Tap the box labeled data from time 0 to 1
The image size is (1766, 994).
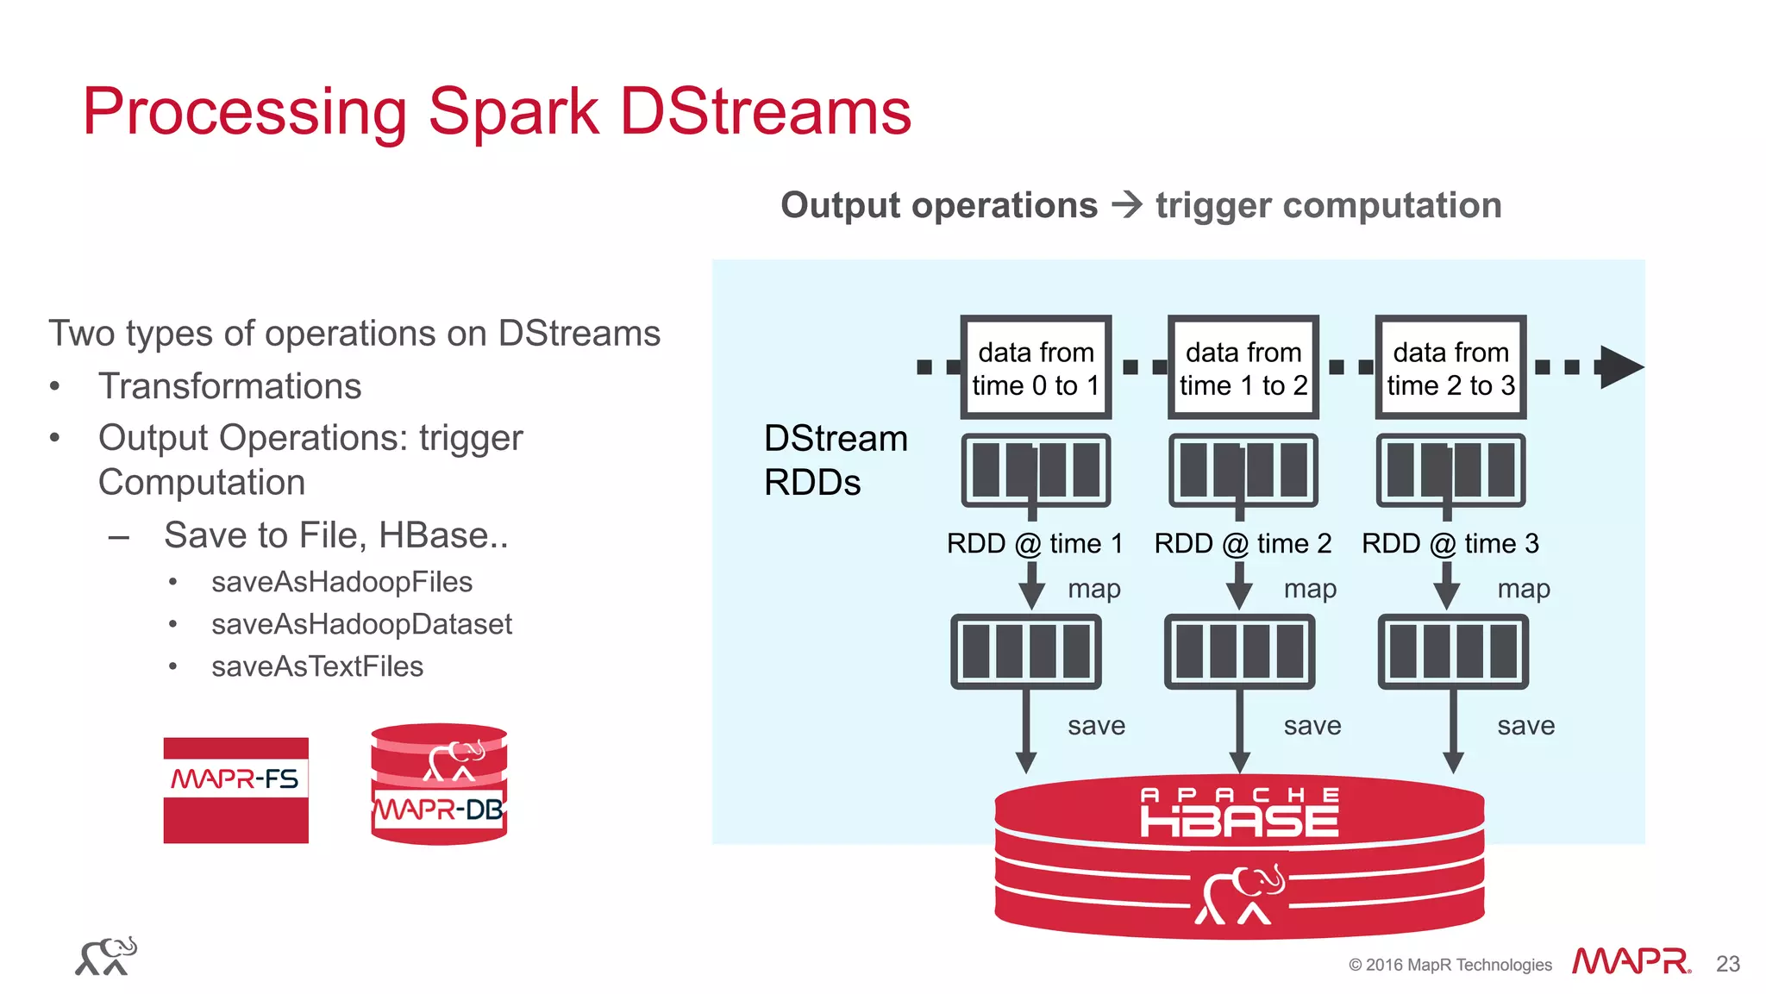click(x=1036, y=367)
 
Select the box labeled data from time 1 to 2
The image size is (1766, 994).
click(x=1243, y=367)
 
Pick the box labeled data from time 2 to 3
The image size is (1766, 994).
click(x=1450, y=367)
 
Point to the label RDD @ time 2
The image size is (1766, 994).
click(x=1243, y=543)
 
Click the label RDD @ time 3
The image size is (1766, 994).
click(x=1450, y=543)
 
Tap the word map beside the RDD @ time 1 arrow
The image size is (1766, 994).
click(x=1093, y=589)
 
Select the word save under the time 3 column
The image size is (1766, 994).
click(x=1525, y=726)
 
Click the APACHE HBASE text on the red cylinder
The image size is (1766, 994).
click(x=1239, y=812)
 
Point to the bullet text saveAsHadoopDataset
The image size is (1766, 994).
click(x=361, y=624)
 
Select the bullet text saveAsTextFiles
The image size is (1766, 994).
click(x=317, y=666)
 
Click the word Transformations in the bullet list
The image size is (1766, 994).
click(x=229, y=386)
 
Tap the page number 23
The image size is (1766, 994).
click(x=1727, y=964)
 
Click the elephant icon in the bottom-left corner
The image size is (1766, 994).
click(x=106, y=957)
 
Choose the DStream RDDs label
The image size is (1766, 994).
click(x=834, y=460)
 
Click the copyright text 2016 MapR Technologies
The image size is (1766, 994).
click(x=1450, y=965)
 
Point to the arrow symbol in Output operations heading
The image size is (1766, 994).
click(x=1126, y=205)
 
